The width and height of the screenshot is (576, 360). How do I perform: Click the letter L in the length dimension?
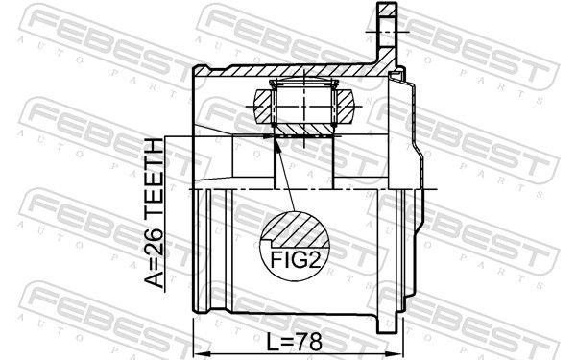pyautogui.click(x=273, y=341)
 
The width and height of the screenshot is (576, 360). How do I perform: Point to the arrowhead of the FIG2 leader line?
pyautogui.click(x=277, y=138)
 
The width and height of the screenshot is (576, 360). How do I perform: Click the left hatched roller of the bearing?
pyautogui.click(x=263, y=105)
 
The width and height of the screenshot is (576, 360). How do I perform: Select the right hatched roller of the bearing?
pyautogui.click(x=343, y=105)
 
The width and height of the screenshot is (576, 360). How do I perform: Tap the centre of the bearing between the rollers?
pyautogui.click(x=302, y=105)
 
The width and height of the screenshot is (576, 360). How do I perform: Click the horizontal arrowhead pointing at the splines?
pyautogui.click(x=267, y=137)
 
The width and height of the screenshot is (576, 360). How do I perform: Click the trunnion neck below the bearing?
pyautogui.click(x=302, y=163)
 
